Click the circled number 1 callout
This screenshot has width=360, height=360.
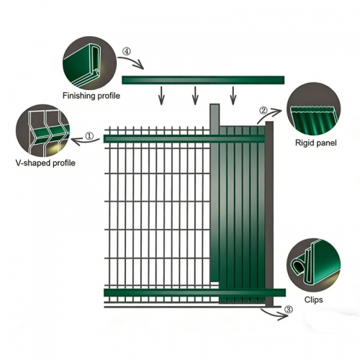pyautogui.click(x=89, y=135)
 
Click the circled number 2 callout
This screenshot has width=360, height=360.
pyautogui.click(x=264, y=110)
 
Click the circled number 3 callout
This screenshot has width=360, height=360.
pyautogui.click(x=288, y=310)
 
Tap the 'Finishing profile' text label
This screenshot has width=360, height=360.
pyautogui.click(x=91, y=96)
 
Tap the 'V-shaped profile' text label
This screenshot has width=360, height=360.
pyautogui.click(x=45, y=163)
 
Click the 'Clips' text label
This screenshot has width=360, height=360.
pyautogui.click(x=312, y=298)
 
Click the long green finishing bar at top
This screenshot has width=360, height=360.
pyautogui.click(x=203, y=79)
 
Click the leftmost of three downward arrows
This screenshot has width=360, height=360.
pyautogui.click(x=161, y=94)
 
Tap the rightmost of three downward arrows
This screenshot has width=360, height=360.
pyautogui.click(x=233, y=94)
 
